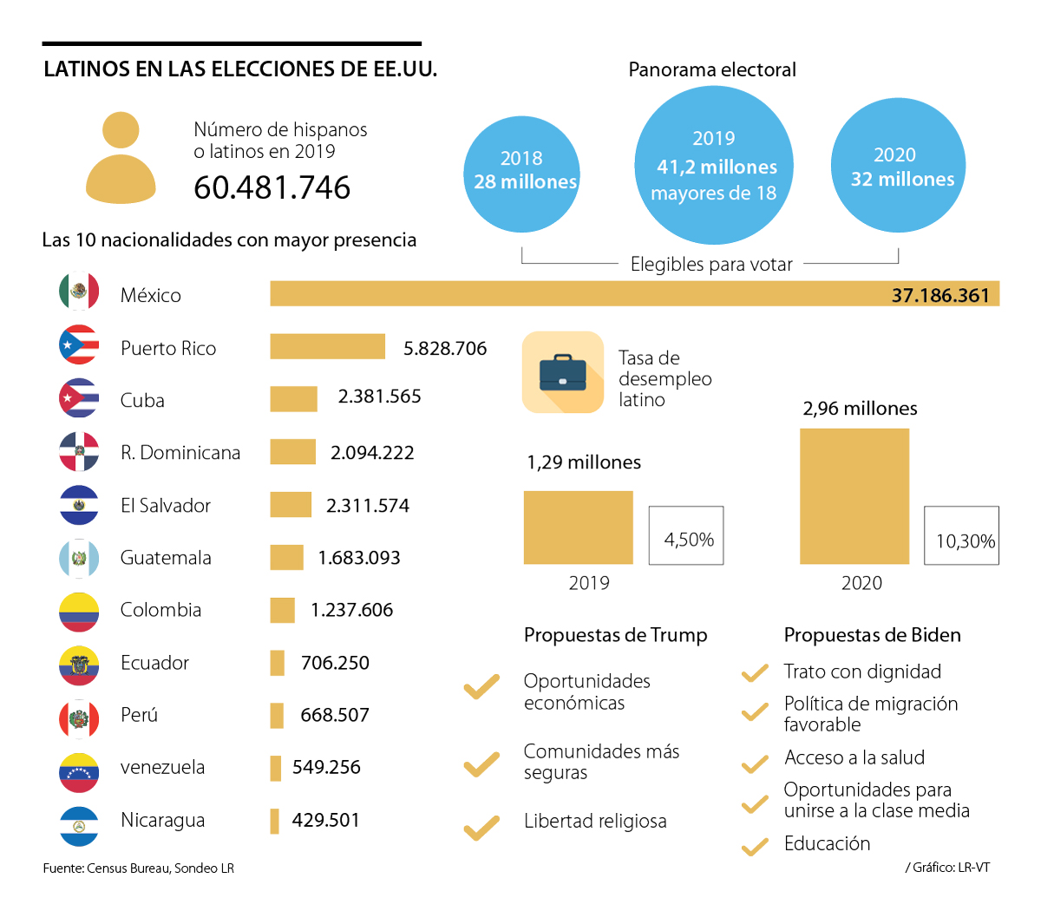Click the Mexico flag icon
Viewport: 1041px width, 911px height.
79,292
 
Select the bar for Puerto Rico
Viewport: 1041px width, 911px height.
327,346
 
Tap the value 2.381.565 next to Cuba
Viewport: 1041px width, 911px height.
379,397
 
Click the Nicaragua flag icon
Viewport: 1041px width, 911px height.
79,826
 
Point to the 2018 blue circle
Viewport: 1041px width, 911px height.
521,174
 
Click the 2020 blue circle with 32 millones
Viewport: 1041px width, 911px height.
898,165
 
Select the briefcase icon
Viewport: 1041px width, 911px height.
562,372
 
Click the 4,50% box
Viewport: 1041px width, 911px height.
686,536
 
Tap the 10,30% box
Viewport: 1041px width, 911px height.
961,536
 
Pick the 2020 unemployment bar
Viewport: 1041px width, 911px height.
854,496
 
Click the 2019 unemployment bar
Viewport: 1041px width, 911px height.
578,528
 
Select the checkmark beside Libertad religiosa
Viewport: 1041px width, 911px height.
481,828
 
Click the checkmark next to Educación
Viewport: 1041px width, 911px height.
755,846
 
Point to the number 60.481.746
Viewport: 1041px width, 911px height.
272,187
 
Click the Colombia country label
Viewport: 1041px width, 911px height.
160,610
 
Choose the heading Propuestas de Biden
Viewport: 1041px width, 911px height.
872,635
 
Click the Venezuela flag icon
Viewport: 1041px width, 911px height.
79,772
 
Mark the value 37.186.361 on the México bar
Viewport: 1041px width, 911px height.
940,295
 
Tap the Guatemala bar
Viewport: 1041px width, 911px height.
286,557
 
